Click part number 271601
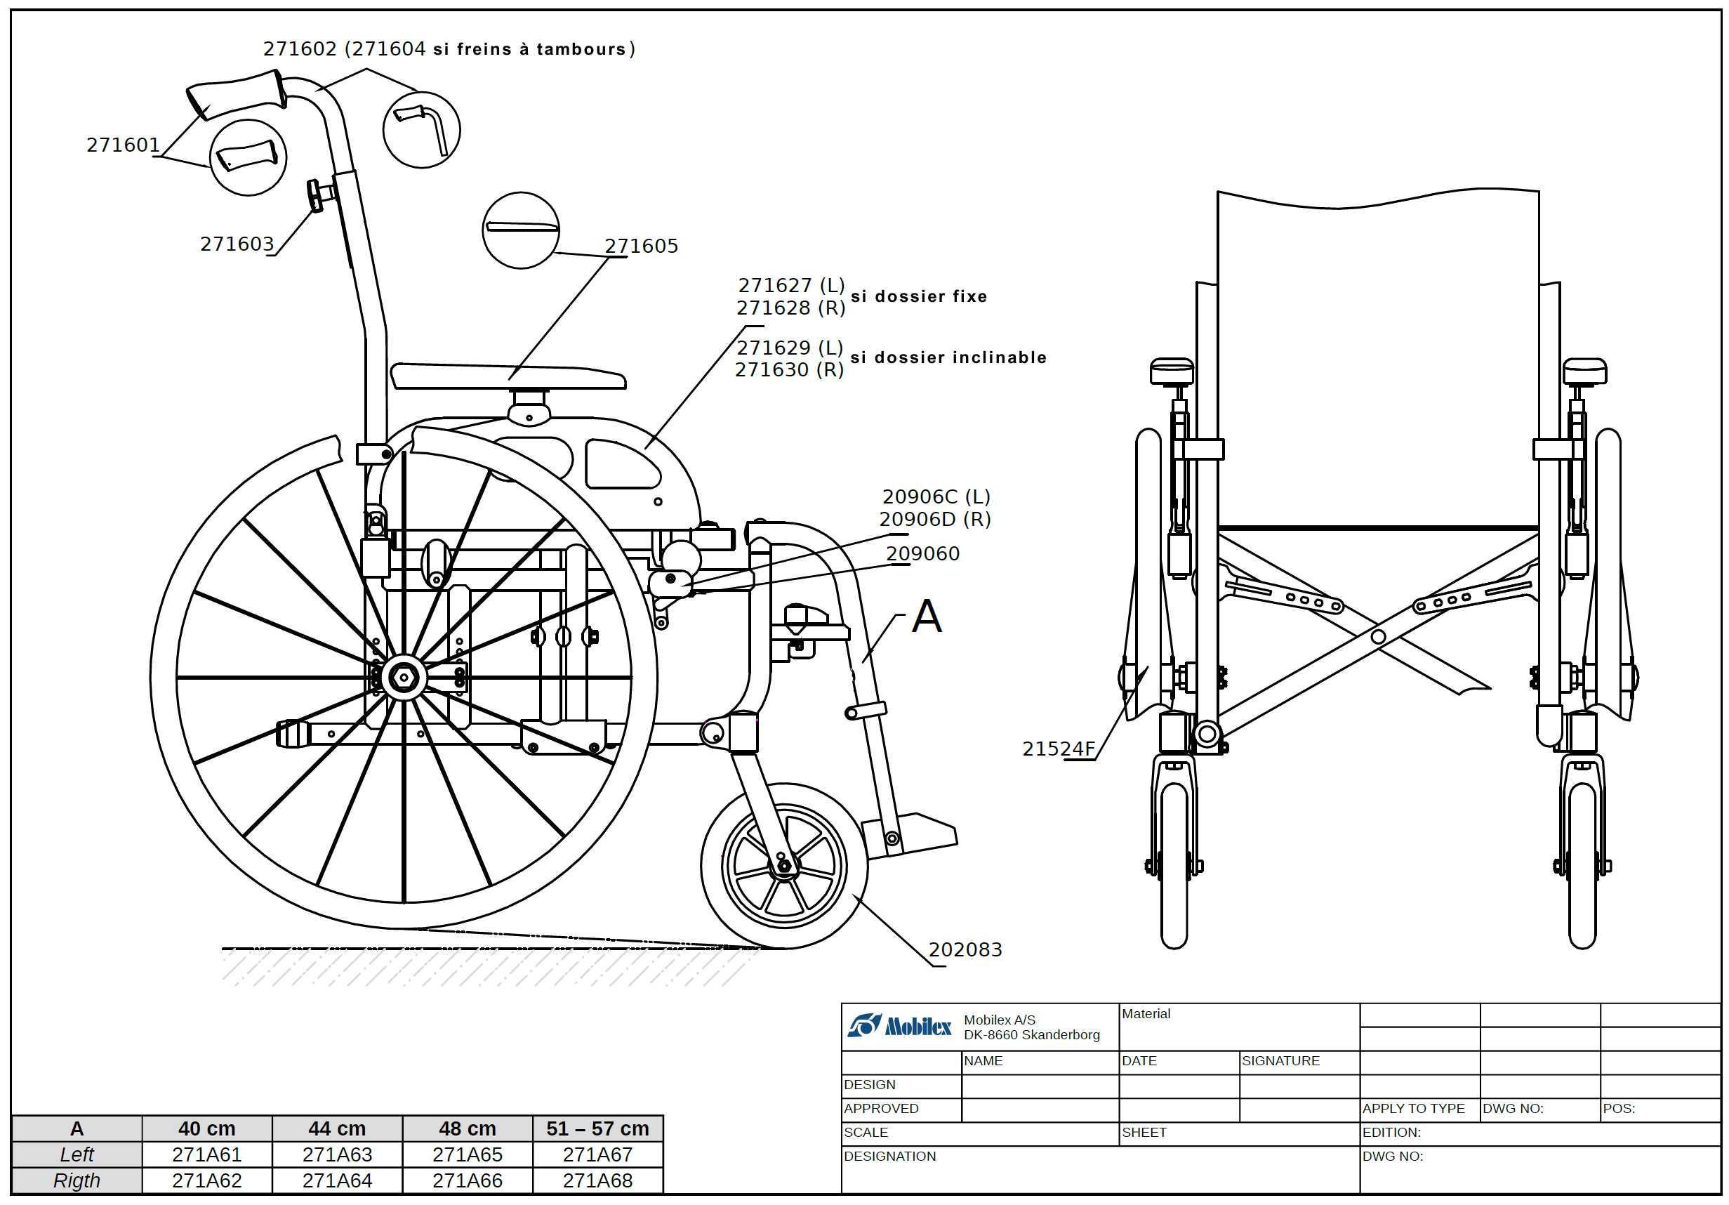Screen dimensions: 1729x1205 point(124,145)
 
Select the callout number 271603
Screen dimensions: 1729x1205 point(237,244)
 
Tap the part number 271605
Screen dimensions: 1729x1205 point(642,246)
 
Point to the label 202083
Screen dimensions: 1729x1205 point(965,949)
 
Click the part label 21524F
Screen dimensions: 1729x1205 point(1058,749)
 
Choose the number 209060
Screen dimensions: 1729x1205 point(922,553)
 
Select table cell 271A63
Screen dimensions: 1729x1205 point(338,1154)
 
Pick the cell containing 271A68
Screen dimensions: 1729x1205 point(598,1181)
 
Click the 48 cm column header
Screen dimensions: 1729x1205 point(468,1129)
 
